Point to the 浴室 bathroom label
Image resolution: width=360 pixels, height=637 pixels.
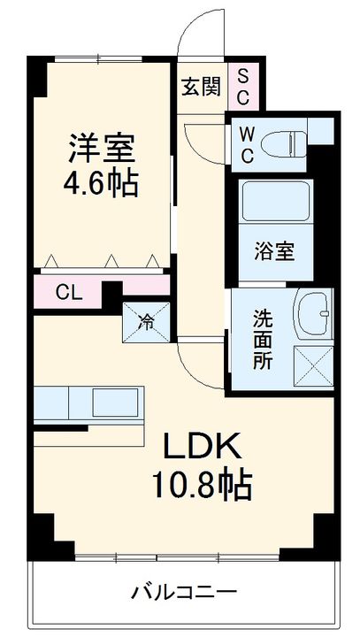pyautogui.click(x=274, y=248)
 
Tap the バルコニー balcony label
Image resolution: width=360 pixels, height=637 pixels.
pyautogui.click(x=184, y=590)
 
